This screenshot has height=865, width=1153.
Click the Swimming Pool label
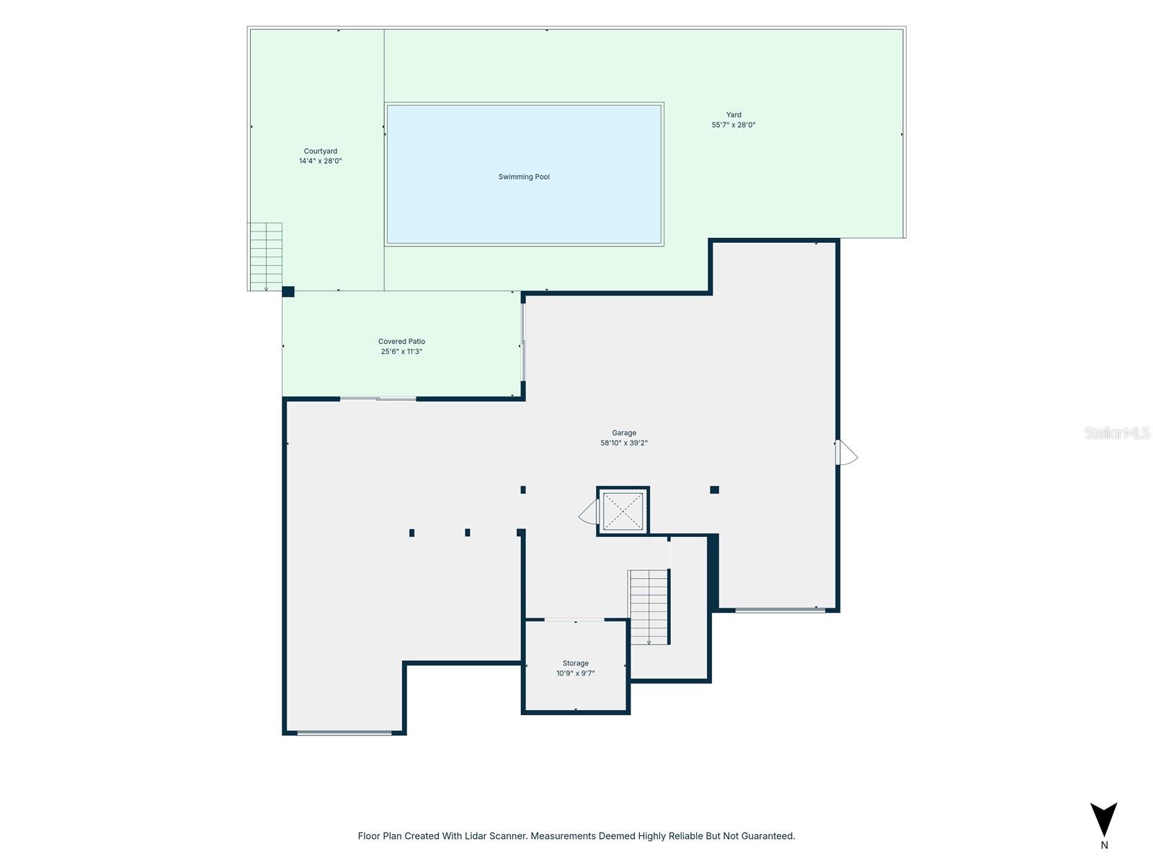(524, 177)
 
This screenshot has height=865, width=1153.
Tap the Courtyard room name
(321, 151)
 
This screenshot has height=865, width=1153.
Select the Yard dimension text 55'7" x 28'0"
(734, 125)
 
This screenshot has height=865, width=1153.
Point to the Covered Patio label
(401, 342)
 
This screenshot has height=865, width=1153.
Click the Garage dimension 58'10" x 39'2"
(624, 443)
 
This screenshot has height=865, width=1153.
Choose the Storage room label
(576, 663)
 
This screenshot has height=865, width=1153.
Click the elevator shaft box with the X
(623, 511)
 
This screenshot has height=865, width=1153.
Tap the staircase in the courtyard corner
(265, 257)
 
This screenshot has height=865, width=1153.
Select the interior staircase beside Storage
(649, 607)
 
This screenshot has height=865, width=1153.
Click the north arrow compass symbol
(1103, 819)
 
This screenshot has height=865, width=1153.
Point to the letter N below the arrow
(1104, 845)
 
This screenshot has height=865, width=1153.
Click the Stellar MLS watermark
(1117, 432)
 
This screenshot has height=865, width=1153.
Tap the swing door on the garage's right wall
(846, 452)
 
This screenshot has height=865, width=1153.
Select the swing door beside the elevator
(589, 512)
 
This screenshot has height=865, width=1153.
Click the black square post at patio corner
(288, 292)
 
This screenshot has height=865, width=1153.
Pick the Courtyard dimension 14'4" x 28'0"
(321, 161)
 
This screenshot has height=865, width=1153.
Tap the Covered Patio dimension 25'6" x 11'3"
(401, 351)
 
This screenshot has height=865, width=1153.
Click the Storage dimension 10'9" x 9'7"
(576, 673)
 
